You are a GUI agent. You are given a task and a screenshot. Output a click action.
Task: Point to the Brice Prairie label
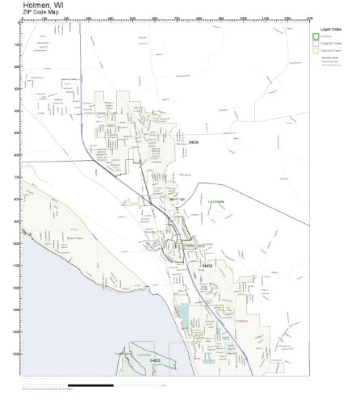(52, 238)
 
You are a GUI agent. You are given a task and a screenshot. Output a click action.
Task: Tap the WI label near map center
(182, 199)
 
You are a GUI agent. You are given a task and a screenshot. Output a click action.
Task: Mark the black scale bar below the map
(106, 385)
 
